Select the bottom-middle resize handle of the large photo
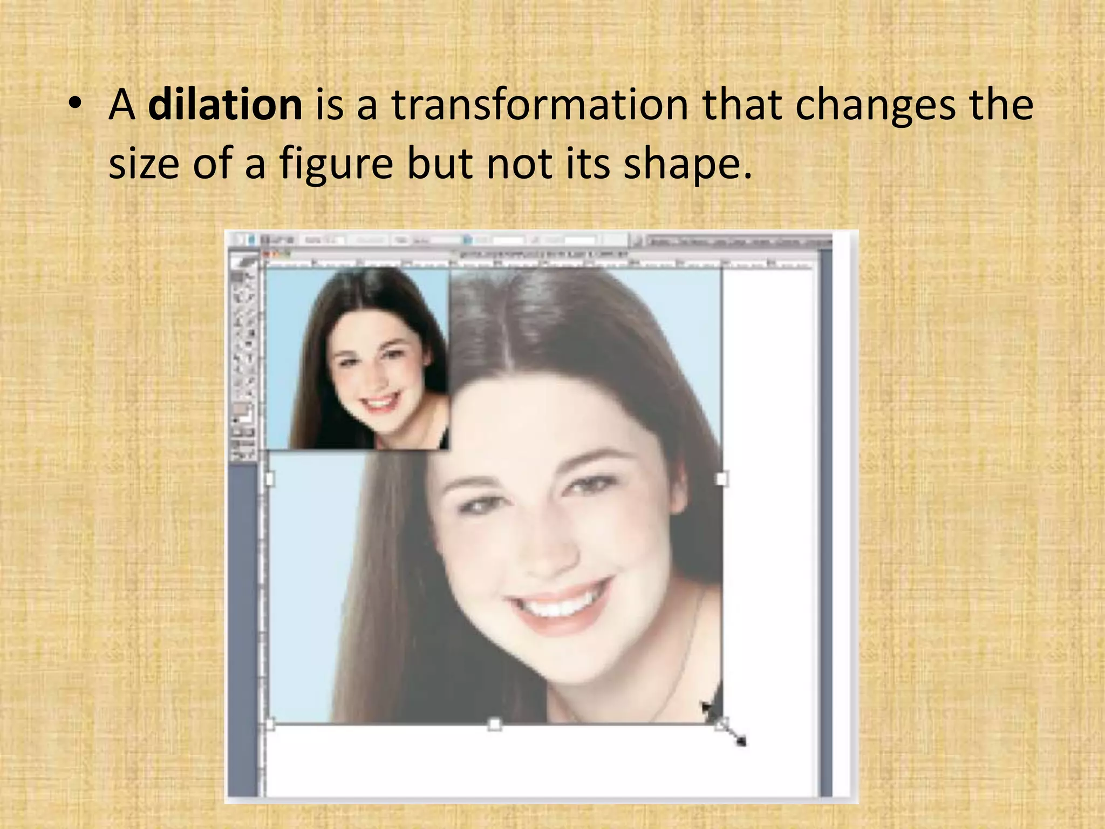(494, 724)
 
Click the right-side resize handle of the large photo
(721, 479)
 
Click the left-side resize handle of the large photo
(270, 479)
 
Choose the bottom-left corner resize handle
(270, 724)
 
